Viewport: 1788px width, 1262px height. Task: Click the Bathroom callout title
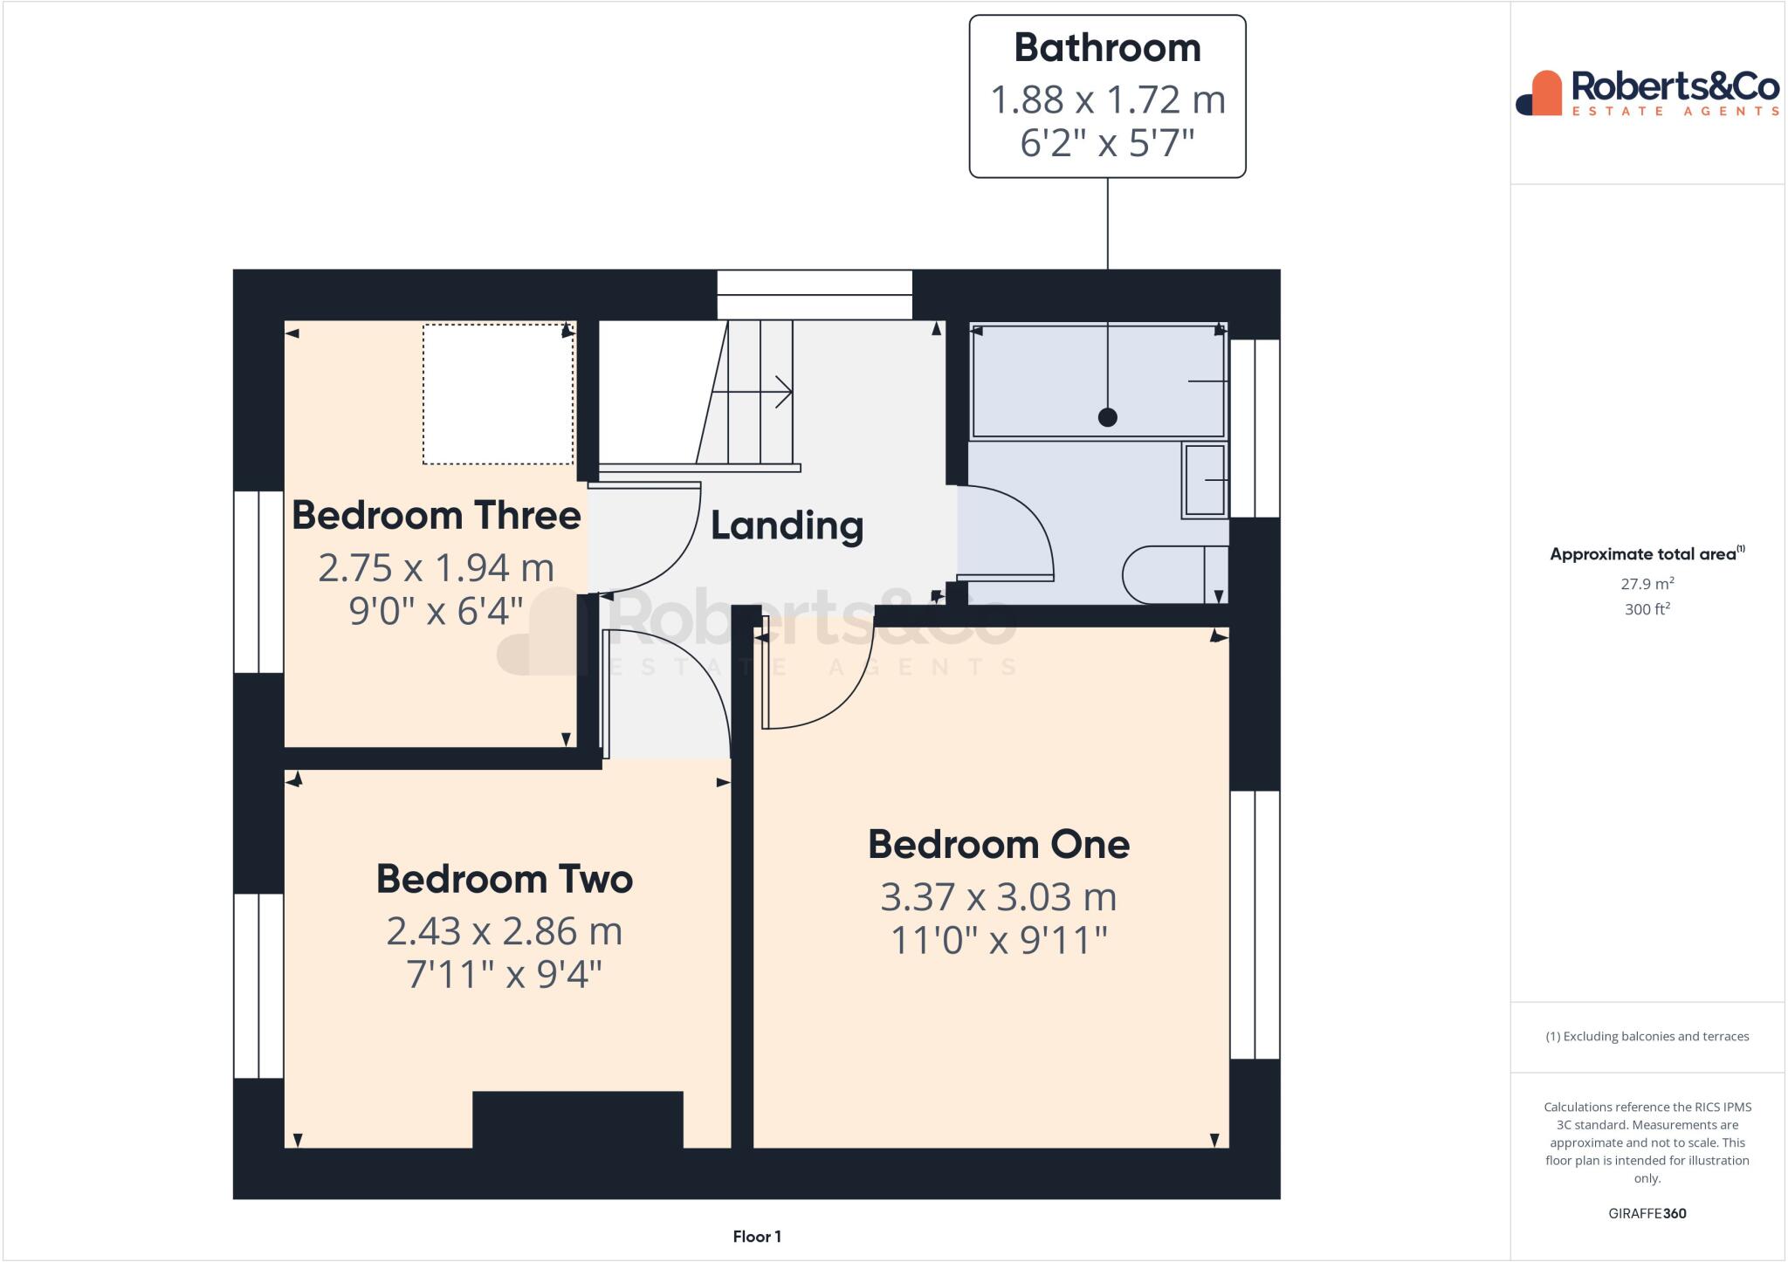tap(1107, 49)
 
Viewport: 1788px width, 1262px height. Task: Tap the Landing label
tap(787, 526)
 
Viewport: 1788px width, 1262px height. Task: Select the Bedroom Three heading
tap(436, 516)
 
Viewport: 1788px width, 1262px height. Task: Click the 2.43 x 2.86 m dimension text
tap(504, 931)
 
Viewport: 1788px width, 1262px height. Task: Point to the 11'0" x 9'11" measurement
tap(999, 941)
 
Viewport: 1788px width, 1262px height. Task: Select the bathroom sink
tap(1205, 481)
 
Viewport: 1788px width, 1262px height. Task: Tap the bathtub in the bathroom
tap(1098, 381)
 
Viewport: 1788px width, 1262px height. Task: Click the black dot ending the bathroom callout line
tap(1107, 417)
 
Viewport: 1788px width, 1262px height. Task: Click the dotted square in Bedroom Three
tap(498, 394)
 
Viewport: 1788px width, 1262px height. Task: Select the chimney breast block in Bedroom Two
tap(577, 1119)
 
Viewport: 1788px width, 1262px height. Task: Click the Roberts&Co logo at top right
tap(1647, 93)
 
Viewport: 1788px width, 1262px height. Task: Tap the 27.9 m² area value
tap(1647, 584)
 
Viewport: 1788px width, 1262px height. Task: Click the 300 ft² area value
tap(1647, 609)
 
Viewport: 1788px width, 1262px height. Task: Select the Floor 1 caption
tap(756, 1237)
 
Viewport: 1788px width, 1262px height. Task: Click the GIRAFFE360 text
tap(1647, 1213)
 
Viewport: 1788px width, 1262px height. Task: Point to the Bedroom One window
tap(1255, 924)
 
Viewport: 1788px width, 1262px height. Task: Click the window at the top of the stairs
tap(815, 294)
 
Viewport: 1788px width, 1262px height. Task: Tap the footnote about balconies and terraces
tap(1647, 1037)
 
